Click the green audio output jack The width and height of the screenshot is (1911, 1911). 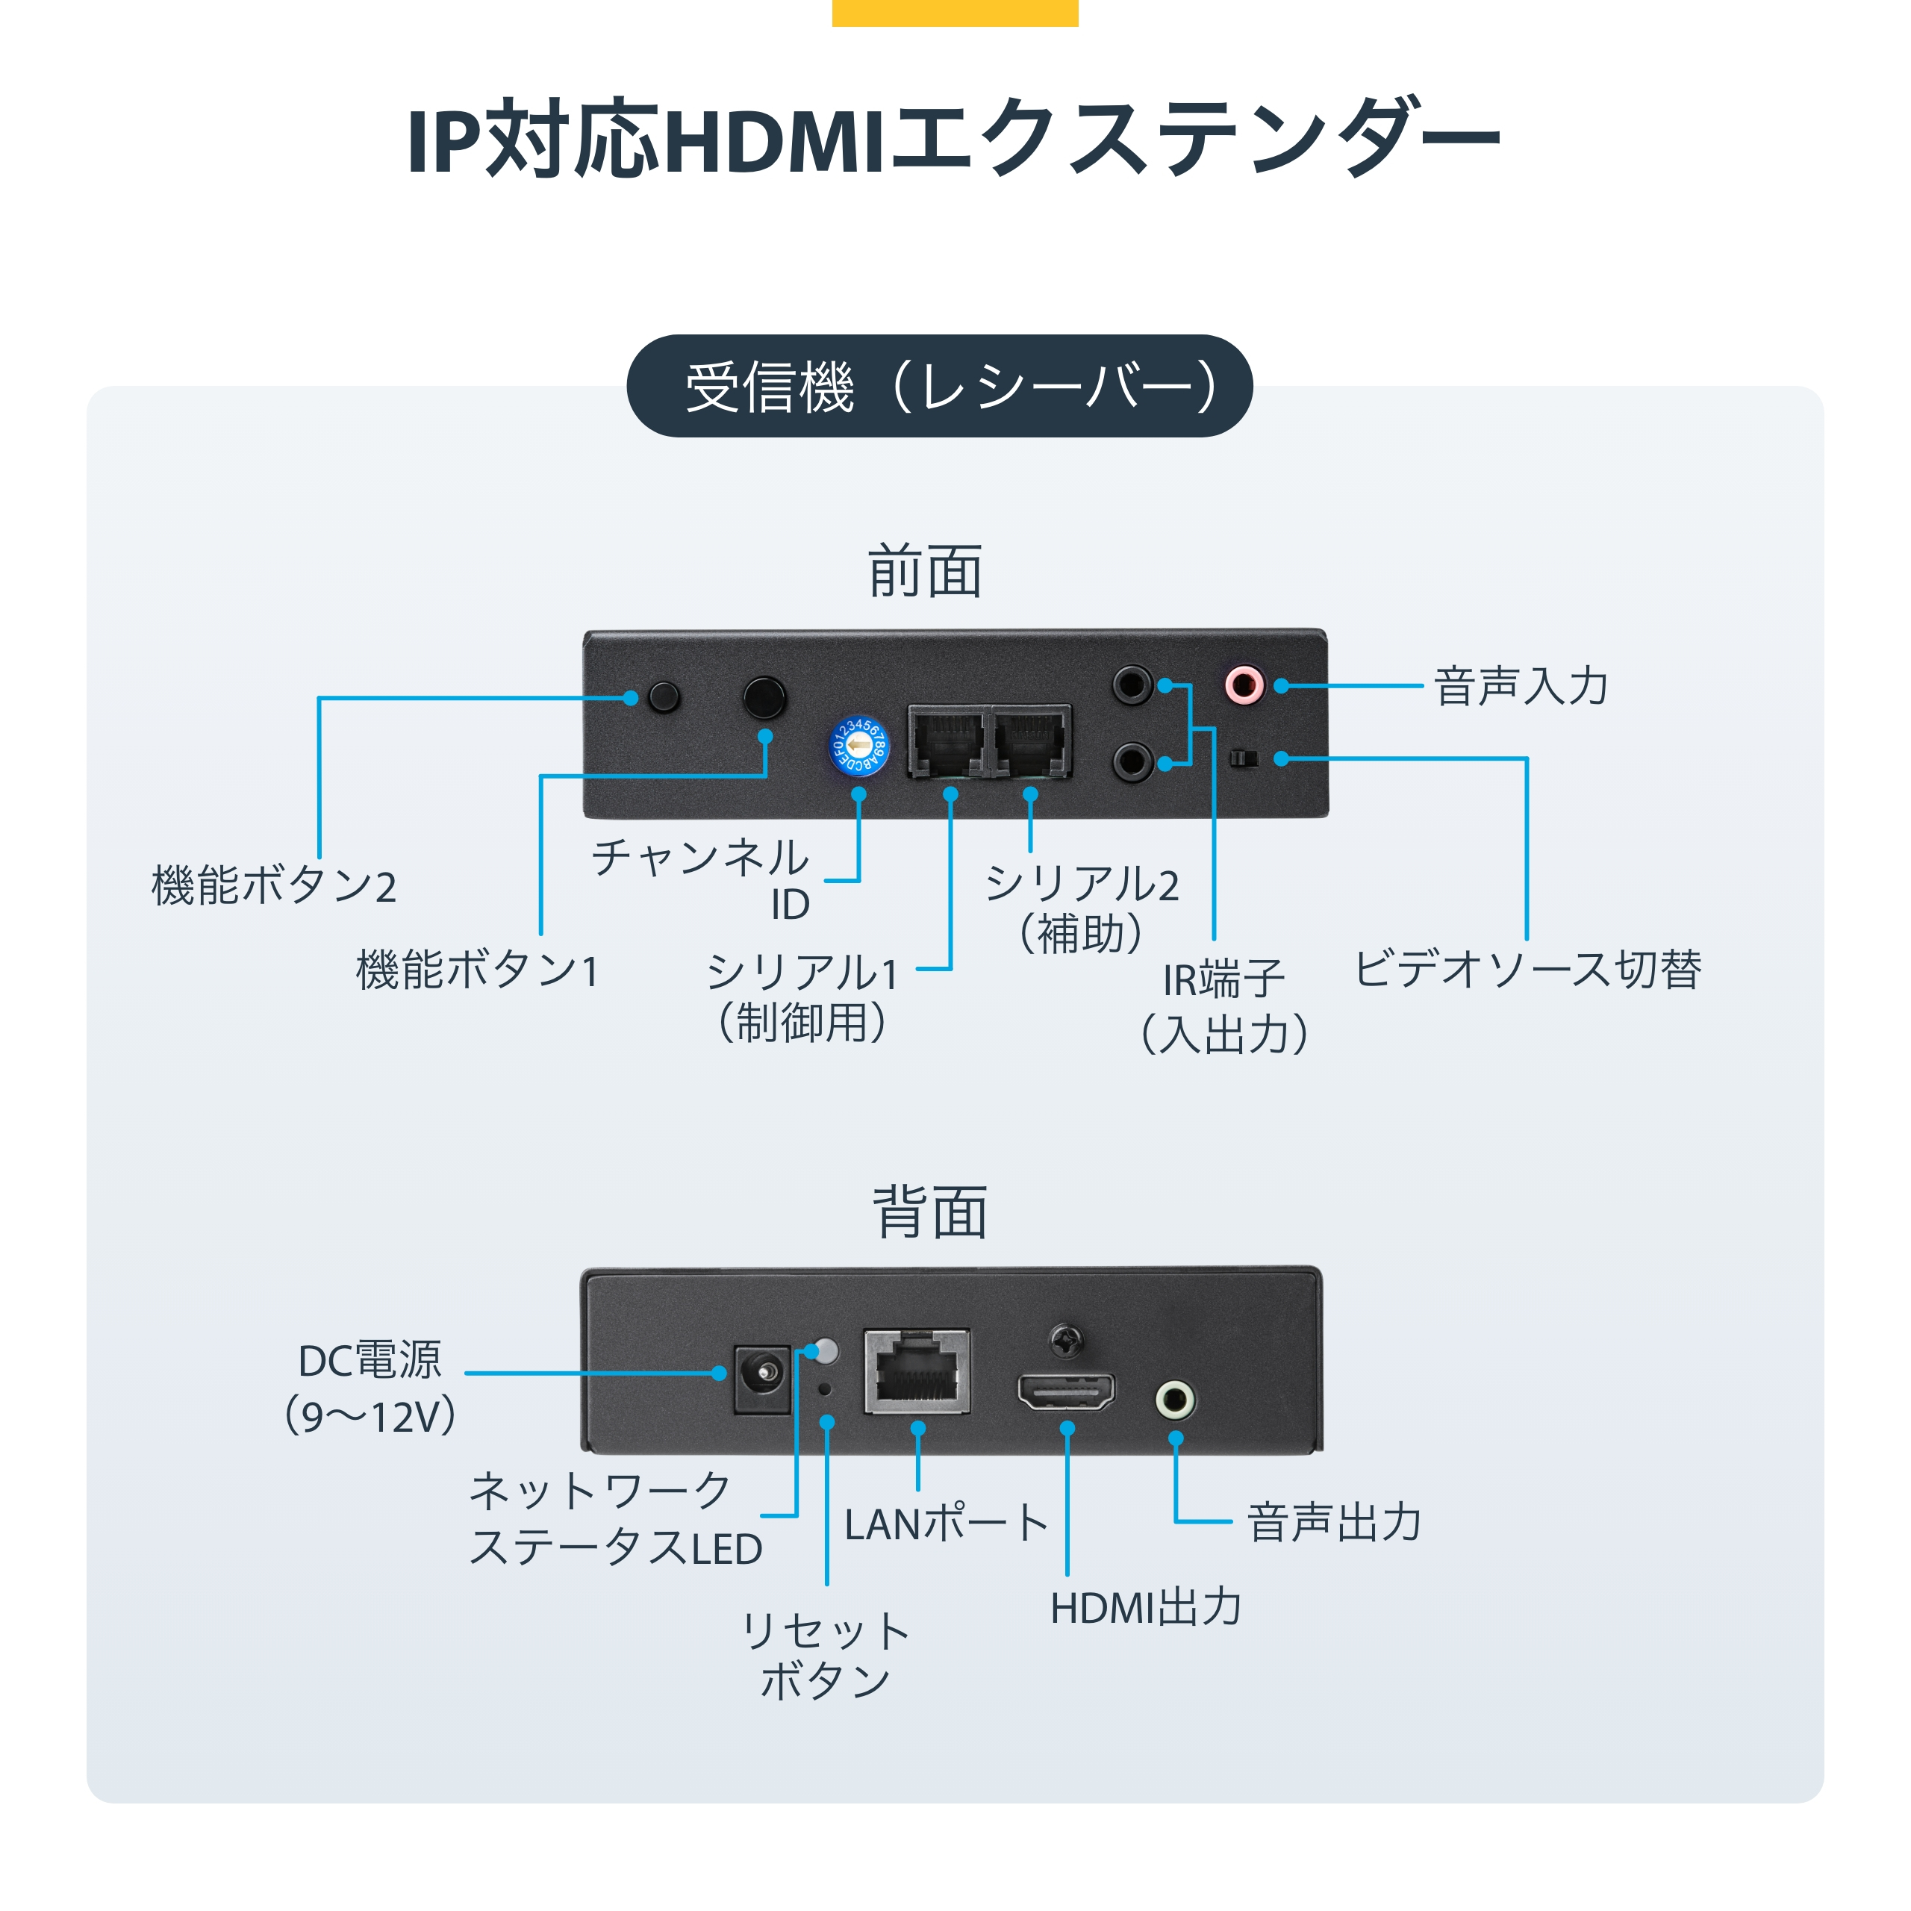[x=1175, y=1400]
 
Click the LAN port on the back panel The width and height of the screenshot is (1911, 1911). [x=917, y=1371]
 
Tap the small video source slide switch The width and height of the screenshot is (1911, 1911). [x=1244, y=758]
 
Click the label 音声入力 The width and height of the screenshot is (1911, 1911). [x=1521, y=687]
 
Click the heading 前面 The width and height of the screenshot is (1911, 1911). [x=925, y=572]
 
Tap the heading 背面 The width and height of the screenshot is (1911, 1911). [x=930, y=1213]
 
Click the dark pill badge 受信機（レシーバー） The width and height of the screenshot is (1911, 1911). [x=940, y=386]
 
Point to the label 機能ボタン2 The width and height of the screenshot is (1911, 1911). [x=274, y=885]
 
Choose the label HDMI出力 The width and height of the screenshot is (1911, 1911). [x=1145, y=1607]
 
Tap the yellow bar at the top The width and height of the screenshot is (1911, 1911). [x=955, y=13]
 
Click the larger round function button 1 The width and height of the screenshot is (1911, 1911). [x=764, y=697]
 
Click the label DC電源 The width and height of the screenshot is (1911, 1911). [x=370, y=1361]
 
